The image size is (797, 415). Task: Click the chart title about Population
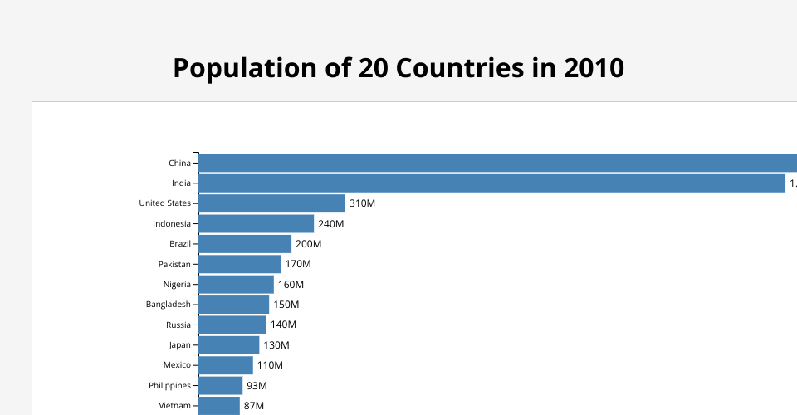click(x=398, y=68)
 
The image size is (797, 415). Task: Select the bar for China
click(x=498, y=163)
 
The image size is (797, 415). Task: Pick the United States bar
click(x=271, y=203)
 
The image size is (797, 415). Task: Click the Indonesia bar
click(x=256, y=223)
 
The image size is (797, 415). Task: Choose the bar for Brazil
click(x=245, y=244)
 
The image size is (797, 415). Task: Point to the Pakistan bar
click(x=240, y=264)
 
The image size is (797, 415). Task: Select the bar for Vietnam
click(x=219, y=406)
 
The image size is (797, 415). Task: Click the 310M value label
click(x=363, y=203)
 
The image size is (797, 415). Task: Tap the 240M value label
click(x=330, y=224)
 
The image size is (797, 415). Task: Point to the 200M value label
click(x=308, y=244)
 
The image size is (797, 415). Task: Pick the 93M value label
click(x=257, y=386)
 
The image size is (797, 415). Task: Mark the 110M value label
click(x=270, y=365)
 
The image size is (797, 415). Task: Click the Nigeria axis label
click(x=177, y=285)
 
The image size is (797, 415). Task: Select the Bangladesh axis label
click(x=168, y=305)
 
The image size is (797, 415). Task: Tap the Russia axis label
click(x=178, y=325)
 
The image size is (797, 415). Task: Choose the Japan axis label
click(x=179, y=345)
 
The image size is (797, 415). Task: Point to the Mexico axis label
click(x=177, y=365)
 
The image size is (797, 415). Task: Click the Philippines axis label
click(x=169, y=386)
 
